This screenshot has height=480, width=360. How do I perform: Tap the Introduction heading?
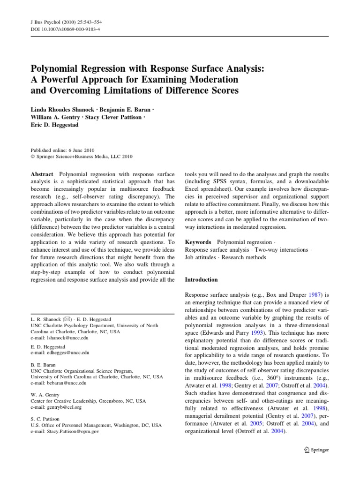202,279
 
